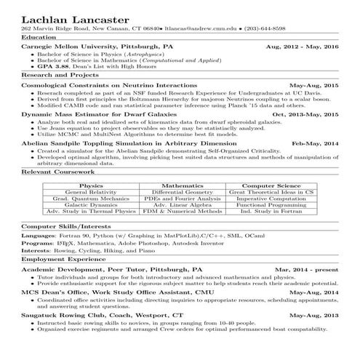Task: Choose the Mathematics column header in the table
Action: (183, 186)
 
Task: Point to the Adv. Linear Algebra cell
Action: (183, 205)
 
